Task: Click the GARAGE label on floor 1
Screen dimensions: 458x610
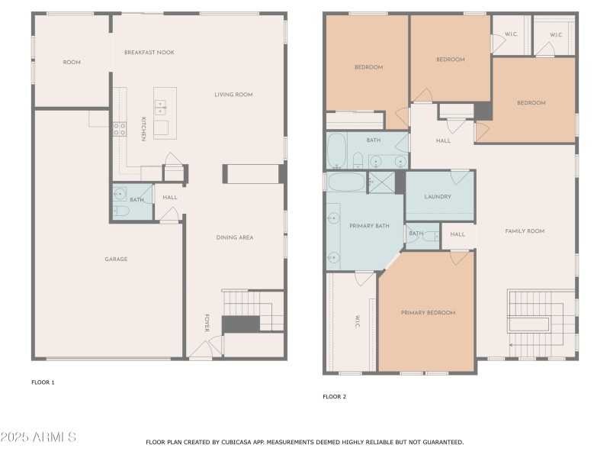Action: (x=116, y=260)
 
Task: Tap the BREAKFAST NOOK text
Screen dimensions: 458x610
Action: (x=149, y=52)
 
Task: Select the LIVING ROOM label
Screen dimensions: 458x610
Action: (x=233, y=95)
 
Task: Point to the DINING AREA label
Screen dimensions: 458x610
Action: (x=234, y=237)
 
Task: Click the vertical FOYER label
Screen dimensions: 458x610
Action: (x=206, y=323)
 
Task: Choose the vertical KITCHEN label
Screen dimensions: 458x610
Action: (x=143, y=128)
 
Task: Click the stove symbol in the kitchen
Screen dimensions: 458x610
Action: (x=120, y=129)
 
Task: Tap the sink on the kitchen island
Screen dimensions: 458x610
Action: (x=161, y=108)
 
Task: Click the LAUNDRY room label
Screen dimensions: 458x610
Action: (x=438, y=197)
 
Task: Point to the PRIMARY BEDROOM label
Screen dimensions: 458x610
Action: (x=428, y=313)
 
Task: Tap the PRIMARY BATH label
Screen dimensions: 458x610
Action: (x=364, y=227)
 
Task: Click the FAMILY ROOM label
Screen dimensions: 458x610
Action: (x=525, y=231)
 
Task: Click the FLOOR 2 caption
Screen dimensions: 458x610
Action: (x=334, y=397)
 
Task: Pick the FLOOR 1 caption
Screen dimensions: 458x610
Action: (x=43, y=382)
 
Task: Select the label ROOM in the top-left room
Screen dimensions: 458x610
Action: (x=72, y=63)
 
